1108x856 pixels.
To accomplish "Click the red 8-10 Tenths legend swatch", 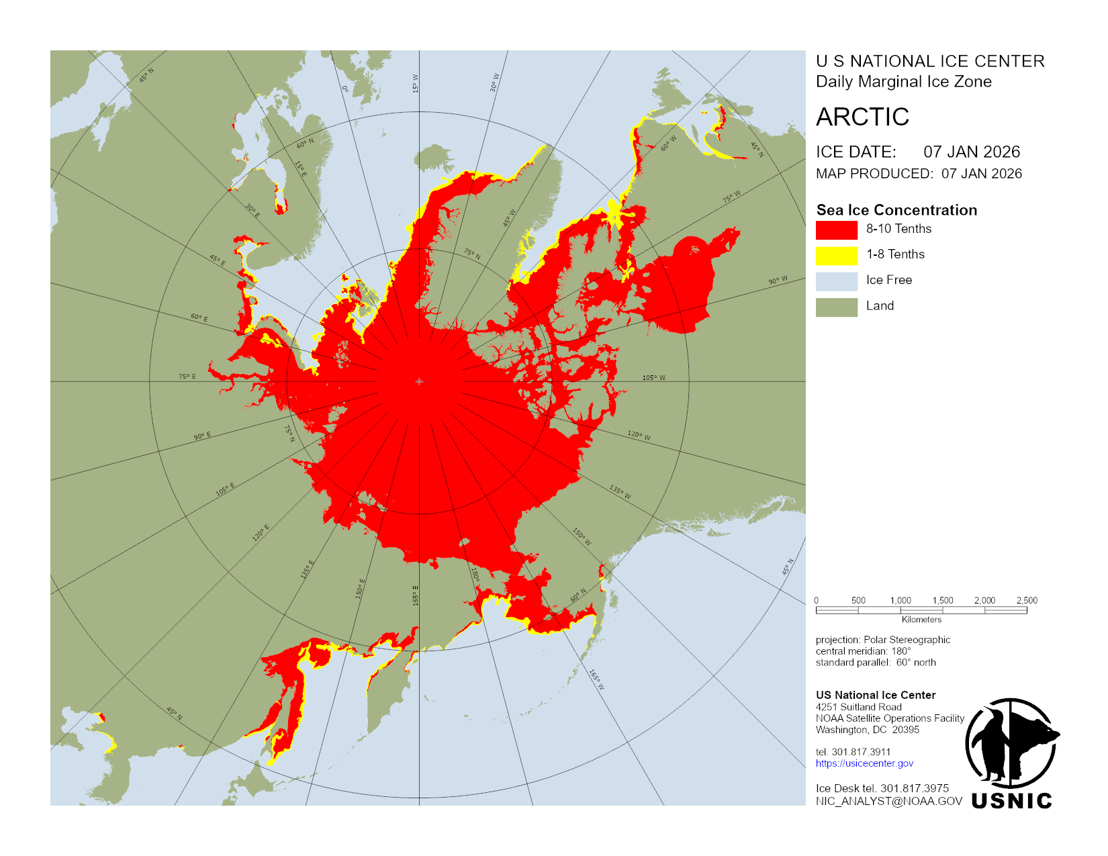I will tap(836, 230).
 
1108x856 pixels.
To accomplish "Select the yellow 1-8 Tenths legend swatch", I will tap(836, 255).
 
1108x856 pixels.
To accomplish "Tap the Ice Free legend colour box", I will tap(836, 281).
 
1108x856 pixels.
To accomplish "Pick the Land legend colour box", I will tap(836, 307).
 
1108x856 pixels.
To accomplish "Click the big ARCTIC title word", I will tap(862, 117).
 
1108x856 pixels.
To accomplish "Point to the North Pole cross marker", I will tap(419, 381).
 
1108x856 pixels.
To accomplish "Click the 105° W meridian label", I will tap(653, 378).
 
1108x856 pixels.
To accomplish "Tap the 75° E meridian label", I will tap(187, 377).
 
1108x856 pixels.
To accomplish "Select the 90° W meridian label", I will tap(778, 280).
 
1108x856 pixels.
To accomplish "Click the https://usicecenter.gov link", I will tap(864, 763).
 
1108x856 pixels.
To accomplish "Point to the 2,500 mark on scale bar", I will tap(1027, 601).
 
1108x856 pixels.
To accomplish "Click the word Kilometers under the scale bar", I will tap(921, 620).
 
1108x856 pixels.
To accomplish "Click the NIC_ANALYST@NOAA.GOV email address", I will tap(888, 801).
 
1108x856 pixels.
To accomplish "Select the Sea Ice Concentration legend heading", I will tap(896, 210).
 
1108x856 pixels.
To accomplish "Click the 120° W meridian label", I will tap(639, 436).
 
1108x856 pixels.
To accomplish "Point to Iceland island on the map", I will tap(434, 159).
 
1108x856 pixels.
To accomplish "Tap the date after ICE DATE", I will tap(971, 152).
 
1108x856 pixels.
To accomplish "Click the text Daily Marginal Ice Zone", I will tap(903, 82).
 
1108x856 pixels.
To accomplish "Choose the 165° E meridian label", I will tap(415, 595).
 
